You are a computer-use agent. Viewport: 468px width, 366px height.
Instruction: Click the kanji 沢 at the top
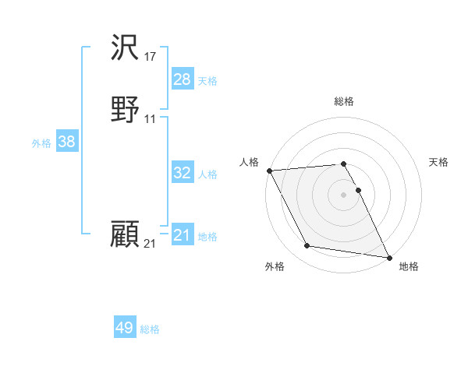coord(125,51)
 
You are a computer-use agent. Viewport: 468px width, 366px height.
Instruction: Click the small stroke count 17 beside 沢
coord(151,57)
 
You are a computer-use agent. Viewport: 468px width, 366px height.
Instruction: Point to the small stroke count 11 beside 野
coord(151,119)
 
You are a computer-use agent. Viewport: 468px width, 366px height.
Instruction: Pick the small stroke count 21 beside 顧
coord(151,244)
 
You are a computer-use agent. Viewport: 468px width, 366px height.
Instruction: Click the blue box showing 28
coord(183,79)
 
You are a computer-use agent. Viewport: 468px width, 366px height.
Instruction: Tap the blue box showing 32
coord(183,173)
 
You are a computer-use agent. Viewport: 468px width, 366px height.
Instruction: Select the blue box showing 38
coord(66,142)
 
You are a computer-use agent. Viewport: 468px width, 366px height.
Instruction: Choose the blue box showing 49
coord(125,328)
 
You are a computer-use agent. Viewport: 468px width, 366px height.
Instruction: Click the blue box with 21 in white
coord(183,235)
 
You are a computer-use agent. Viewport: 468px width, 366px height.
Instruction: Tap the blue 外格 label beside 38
coord(41,143)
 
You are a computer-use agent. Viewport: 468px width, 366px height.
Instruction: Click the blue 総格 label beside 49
coord(151,329)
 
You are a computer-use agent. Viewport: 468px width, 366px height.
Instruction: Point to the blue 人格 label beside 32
coord(208,174)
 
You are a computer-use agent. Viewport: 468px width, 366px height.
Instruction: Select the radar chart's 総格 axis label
coord(344,101)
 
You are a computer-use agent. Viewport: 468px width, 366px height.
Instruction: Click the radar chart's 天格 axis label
coord(439,162)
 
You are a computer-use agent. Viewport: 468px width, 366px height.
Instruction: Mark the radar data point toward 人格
coord(269,171)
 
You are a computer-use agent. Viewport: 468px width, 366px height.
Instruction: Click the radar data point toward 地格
coord(389,257)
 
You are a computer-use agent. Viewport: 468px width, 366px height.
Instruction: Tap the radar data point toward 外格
coord(307,247)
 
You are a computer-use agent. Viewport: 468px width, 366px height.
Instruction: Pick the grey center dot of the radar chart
coord(344,194)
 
